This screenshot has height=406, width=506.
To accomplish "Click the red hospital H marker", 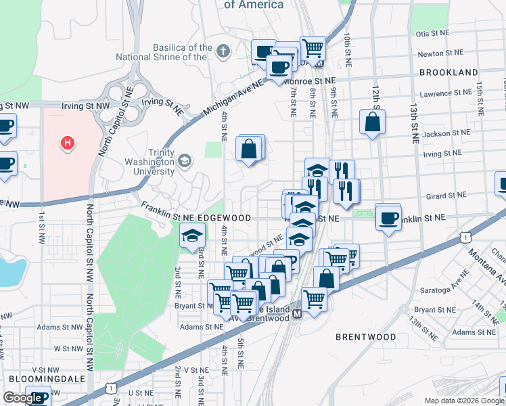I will (x=67, y=143).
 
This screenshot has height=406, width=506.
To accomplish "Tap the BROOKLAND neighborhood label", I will (x=448, y=72).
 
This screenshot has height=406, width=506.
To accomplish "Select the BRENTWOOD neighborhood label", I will (x=366, y=336).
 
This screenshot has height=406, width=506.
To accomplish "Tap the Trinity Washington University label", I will (x=149, y=162).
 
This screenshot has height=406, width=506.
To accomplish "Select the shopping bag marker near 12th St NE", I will (x=372, y=122).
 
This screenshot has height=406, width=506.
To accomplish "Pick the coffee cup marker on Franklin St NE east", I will (x=388, y=217).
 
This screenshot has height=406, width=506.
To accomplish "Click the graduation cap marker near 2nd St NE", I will (x=192, y=236).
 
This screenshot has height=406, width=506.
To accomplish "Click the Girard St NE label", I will (x=446, y=196).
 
